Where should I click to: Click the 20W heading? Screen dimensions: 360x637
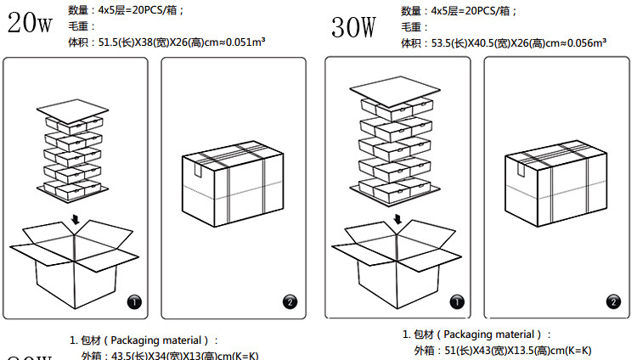tap(30, 22)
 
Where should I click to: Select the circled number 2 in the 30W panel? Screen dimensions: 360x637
tap(613, 301)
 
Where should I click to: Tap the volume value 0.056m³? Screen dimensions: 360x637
tap(581, 42)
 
